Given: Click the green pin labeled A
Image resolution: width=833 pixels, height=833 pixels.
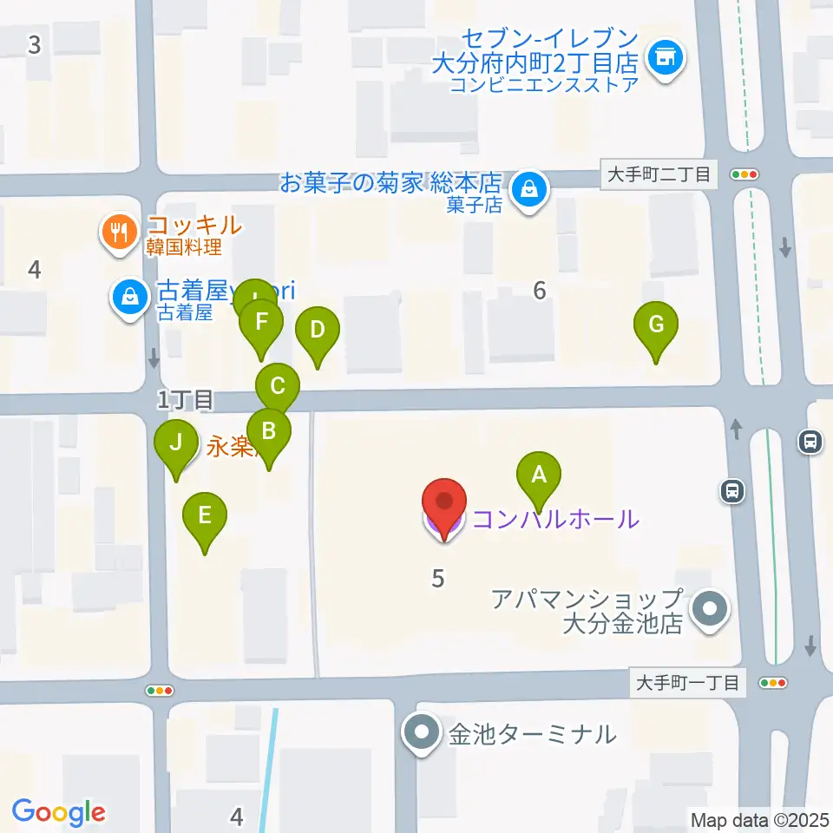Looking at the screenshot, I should pyautogui.click(x=539, y=476).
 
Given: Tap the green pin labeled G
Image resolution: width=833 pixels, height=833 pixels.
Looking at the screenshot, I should pyautogui.click(x=656, y=326).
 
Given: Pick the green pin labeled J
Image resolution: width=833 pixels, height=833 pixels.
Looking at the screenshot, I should pyautogui.click(x=176, y=444).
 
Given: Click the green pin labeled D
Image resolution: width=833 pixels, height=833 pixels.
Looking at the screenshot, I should pyautogui.click(x=318, y=331).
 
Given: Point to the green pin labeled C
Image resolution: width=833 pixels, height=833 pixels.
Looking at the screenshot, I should pyautogui.click(x=278, y=386).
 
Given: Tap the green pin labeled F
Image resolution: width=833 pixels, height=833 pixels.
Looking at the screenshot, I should pyautogui.click(x=261, y=323).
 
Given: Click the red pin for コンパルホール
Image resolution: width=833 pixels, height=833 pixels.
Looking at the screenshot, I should pyautogui.click(x=443, y=504).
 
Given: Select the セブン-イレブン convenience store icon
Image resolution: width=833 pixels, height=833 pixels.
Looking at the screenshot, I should pyautogui.click(x=666, y=59).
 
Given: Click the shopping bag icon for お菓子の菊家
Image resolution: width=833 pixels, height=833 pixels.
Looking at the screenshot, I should pyautogui.click(x=528, y=187).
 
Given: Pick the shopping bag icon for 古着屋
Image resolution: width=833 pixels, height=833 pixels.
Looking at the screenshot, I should pyautogui.click(x=129, y=297).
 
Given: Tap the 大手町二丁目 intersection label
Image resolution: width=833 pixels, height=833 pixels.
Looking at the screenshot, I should pyautogui.click(x=659, y=174).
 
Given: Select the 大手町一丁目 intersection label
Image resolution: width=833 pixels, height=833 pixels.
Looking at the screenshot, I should pyautogui.click(x=687, y=683).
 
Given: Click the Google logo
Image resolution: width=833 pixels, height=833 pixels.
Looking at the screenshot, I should pyautogui.click(x=59, y=812).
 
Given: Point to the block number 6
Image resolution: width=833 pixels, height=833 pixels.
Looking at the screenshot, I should pyautogui.click(x=540, y=291).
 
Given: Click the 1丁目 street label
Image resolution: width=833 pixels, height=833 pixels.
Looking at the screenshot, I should pyautogui.click(x=185, y=400).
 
